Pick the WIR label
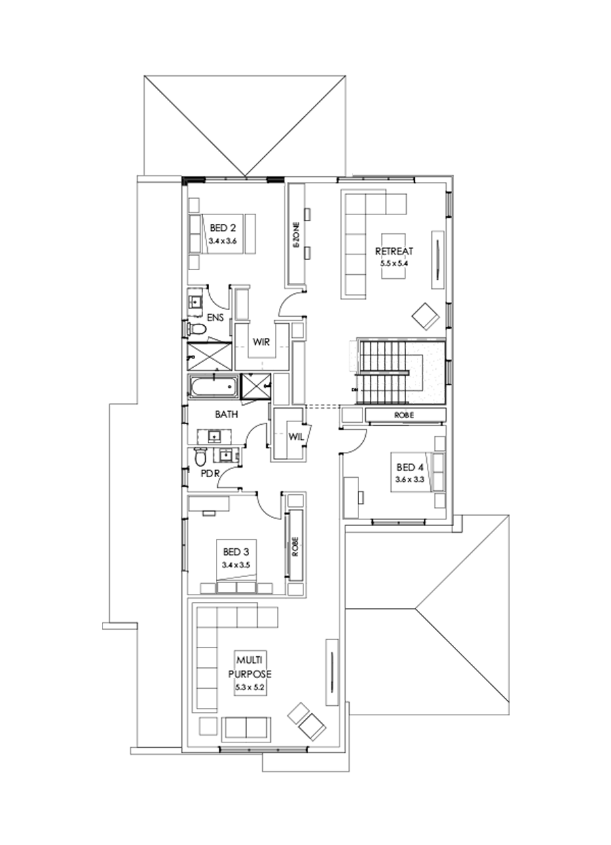point(262,341)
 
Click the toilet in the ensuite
point(197,329)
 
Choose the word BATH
point(226,413)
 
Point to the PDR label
point(209,474)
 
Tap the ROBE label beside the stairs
point(404,414)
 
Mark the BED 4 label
point(409,467)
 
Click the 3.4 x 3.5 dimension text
point(236,565)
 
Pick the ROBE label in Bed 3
point(295,548)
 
